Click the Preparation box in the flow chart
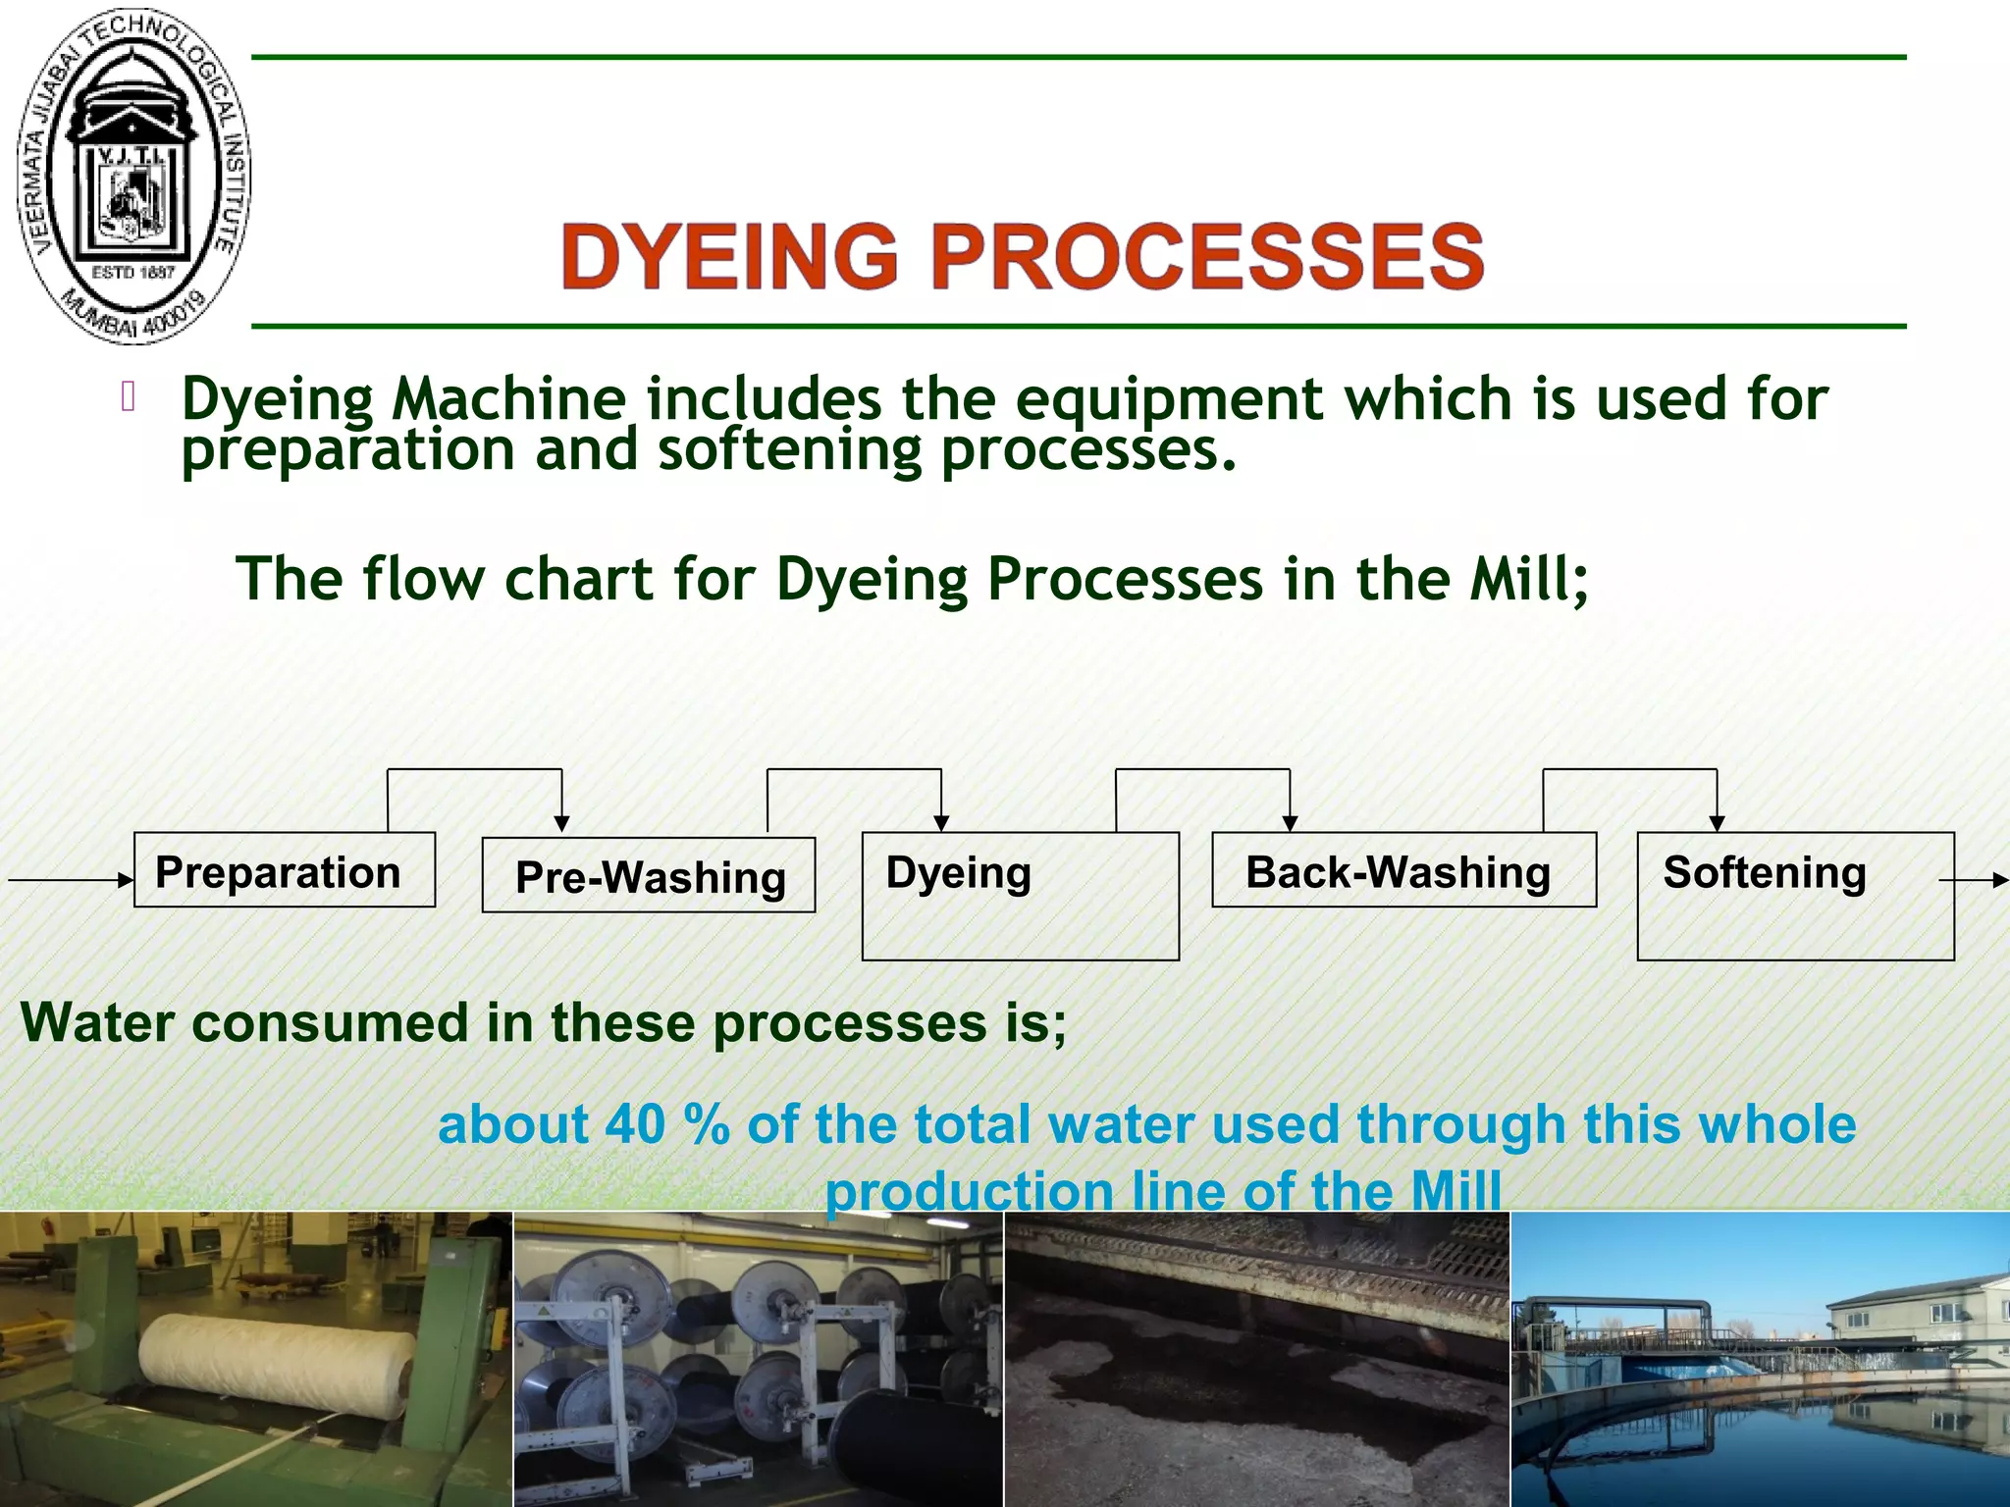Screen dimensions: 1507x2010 tap(284, 870)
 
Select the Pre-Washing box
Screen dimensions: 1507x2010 tap(649, 875)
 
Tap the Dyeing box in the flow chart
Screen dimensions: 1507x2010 tap(1020, 896)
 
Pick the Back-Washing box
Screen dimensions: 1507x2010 tap(1403, 870)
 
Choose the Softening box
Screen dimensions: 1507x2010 tap(1795, 896)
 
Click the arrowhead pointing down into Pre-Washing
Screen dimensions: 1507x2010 tap(561, 823)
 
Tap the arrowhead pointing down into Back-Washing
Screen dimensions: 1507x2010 tap(1290, 823)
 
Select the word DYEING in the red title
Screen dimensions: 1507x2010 tap(729, 256)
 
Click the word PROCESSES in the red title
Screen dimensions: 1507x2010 tap(1207, 256)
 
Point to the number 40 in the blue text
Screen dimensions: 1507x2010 tap(635, 1124)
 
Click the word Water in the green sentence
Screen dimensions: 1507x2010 tap(97, 1022)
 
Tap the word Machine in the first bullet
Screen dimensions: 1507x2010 tap(508, 399)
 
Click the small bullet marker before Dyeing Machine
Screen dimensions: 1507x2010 tap(128, 397)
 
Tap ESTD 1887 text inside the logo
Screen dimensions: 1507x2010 tap(132, 272)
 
